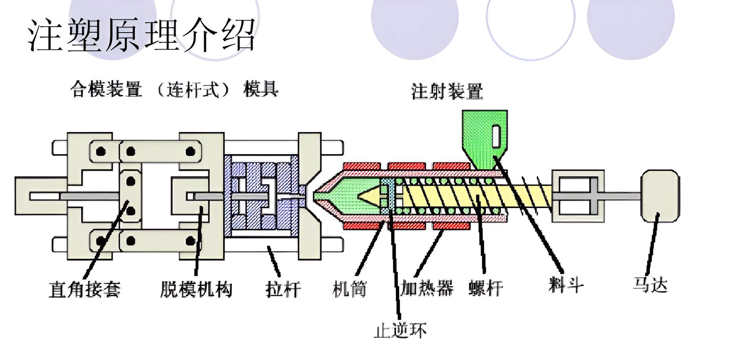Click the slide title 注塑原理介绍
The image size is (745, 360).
(x=141, y=35)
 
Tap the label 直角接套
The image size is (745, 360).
(x=84, y=290)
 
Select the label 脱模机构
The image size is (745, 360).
(x=196, y=290)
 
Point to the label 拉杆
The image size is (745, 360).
(x=283, y=290)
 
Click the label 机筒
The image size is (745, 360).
(x=349, y=290)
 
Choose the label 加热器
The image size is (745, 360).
(x=426, y=288)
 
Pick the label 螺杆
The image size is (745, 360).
(x=486, y=288)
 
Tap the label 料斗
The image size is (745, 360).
(x=566, y=285)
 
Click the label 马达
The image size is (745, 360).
(x=650, y=285)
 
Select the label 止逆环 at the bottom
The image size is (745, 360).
(x=400, y=330)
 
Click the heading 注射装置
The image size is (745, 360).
(x=447, y=92)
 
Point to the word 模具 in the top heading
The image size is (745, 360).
(x=261, y=89)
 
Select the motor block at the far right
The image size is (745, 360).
(x=660, y=195)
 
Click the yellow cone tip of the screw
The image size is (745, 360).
(x=369, y=195)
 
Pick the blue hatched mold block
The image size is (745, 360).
(x=261, y=197)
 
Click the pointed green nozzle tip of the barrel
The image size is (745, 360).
(x=320, y=195)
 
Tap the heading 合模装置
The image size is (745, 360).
(x=106, y=89)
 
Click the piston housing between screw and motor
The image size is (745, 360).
(x=578, y=195)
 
